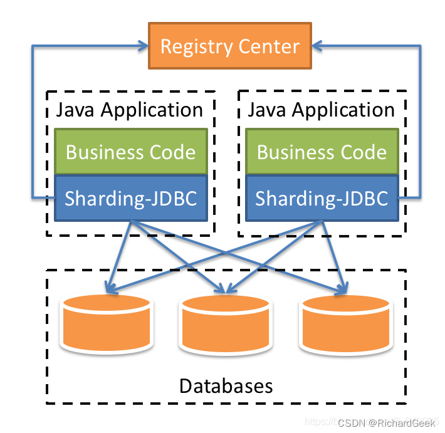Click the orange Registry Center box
(229, 46)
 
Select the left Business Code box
(130, 152)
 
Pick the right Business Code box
(322, 152)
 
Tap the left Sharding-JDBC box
(130, 199)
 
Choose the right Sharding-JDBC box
(322, 199)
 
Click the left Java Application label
(130, 110)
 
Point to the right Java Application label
(322, 110)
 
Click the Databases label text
(226, 385)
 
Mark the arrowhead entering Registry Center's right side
(318, 45)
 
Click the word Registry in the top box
(196, 47)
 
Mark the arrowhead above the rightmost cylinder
(342, 289)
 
